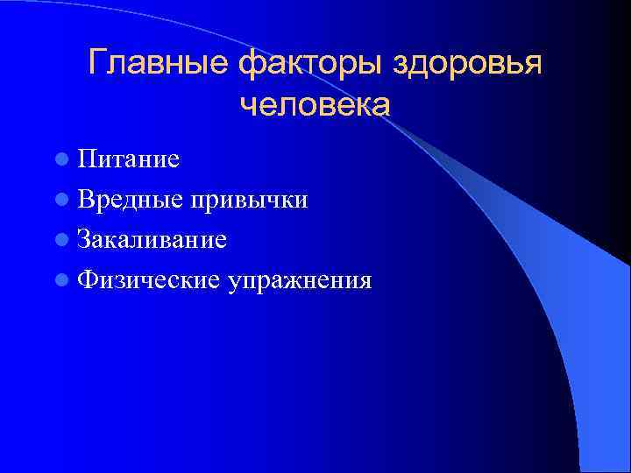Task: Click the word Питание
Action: (128, 159)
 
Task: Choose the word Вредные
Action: (129, 200)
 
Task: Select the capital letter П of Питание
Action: (86, 159)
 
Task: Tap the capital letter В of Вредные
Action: (85, 200)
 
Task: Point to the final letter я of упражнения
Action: (365, 282)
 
